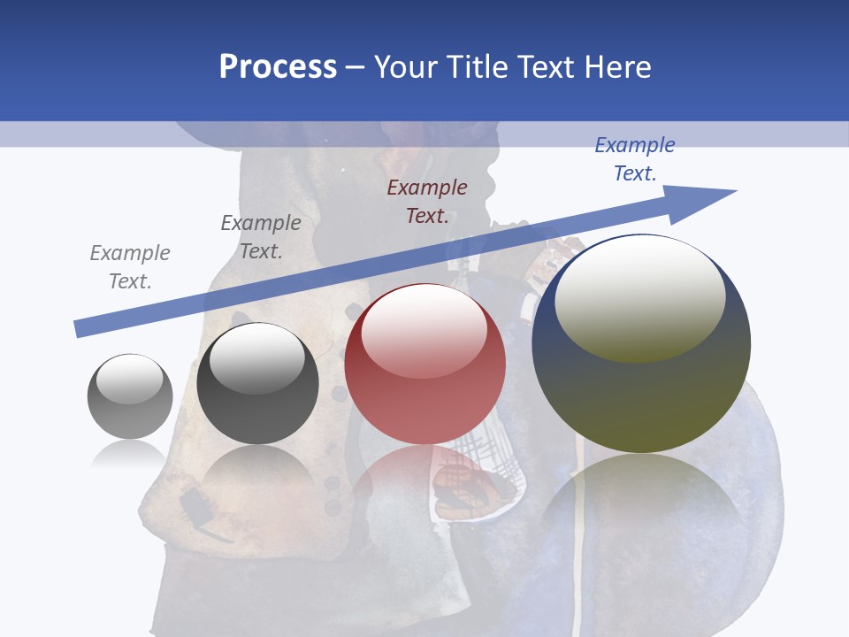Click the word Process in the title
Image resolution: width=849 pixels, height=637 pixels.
click(278, 67)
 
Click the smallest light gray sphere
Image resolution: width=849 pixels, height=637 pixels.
click(130, 396)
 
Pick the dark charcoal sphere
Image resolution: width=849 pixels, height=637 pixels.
click(257, 384)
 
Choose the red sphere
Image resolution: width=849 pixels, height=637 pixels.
click(424, 365)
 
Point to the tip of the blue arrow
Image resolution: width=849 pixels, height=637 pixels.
click(734, 191)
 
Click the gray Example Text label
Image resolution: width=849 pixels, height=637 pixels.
click(130, 267)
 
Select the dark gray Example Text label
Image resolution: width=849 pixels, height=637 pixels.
click(261, 237)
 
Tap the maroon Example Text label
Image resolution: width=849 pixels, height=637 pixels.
click(427, 202)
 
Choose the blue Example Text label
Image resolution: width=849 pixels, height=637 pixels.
click(635, 159)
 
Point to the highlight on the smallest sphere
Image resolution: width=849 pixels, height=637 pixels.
click(129, 379)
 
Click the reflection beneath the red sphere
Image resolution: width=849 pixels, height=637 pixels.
click(424, 482)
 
